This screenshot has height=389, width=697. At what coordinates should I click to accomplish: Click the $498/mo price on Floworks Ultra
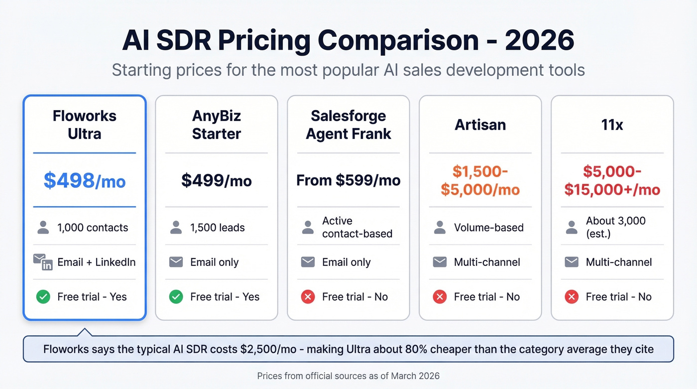84,180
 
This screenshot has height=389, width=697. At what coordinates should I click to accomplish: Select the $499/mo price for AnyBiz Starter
216,180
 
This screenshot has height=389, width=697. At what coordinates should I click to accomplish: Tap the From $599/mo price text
348,180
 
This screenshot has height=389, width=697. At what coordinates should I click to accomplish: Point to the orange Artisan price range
480,180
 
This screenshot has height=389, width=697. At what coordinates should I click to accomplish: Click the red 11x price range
612,180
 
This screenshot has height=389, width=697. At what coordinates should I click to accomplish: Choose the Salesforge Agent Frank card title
348,125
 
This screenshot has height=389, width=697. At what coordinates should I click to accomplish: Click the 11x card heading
612,125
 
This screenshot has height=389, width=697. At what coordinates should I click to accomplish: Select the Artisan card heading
480,125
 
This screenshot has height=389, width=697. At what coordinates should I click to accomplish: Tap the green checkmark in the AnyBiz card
176,297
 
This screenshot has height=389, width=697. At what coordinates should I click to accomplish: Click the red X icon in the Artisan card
440,297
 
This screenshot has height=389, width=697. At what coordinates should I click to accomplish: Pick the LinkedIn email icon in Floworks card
43,262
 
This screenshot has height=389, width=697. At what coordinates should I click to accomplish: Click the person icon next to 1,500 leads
176,228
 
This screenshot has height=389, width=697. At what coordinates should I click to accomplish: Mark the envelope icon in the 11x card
572,262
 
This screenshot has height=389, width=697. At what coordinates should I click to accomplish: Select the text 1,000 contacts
93,228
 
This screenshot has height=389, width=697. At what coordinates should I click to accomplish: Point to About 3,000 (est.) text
615,227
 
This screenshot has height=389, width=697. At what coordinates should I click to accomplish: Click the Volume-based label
488,228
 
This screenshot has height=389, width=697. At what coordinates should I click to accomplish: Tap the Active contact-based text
357,227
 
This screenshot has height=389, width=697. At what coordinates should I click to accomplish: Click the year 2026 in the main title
540,41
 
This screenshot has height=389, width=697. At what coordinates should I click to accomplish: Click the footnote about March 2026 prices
348,376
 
